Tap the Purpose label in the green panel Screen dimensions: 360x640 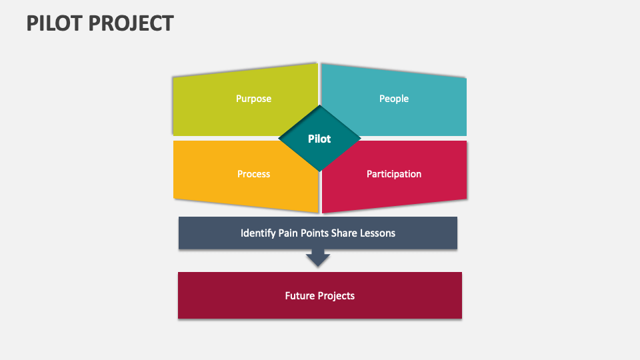[253, 99]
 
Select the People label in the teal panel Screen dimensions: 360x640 [393, 99]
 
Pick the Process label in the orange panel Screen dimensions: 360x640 [253, 174]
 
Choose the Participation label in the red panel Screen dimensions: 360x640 [393, 174]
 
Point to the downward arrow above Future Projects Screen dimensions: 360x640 [318, 257]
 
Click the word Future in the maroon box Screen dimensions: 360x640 [300, 295]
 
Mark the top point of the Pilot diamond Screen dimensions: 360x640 [320, 107]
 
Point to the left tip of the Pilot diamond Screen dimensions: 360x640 [280, 139]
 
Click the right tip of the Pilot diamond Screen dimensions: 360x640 [360, 139]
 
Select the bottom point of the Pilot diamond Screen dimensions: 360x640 [320, 170]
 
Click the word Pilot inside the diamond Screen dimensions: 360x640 [319, 139]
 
